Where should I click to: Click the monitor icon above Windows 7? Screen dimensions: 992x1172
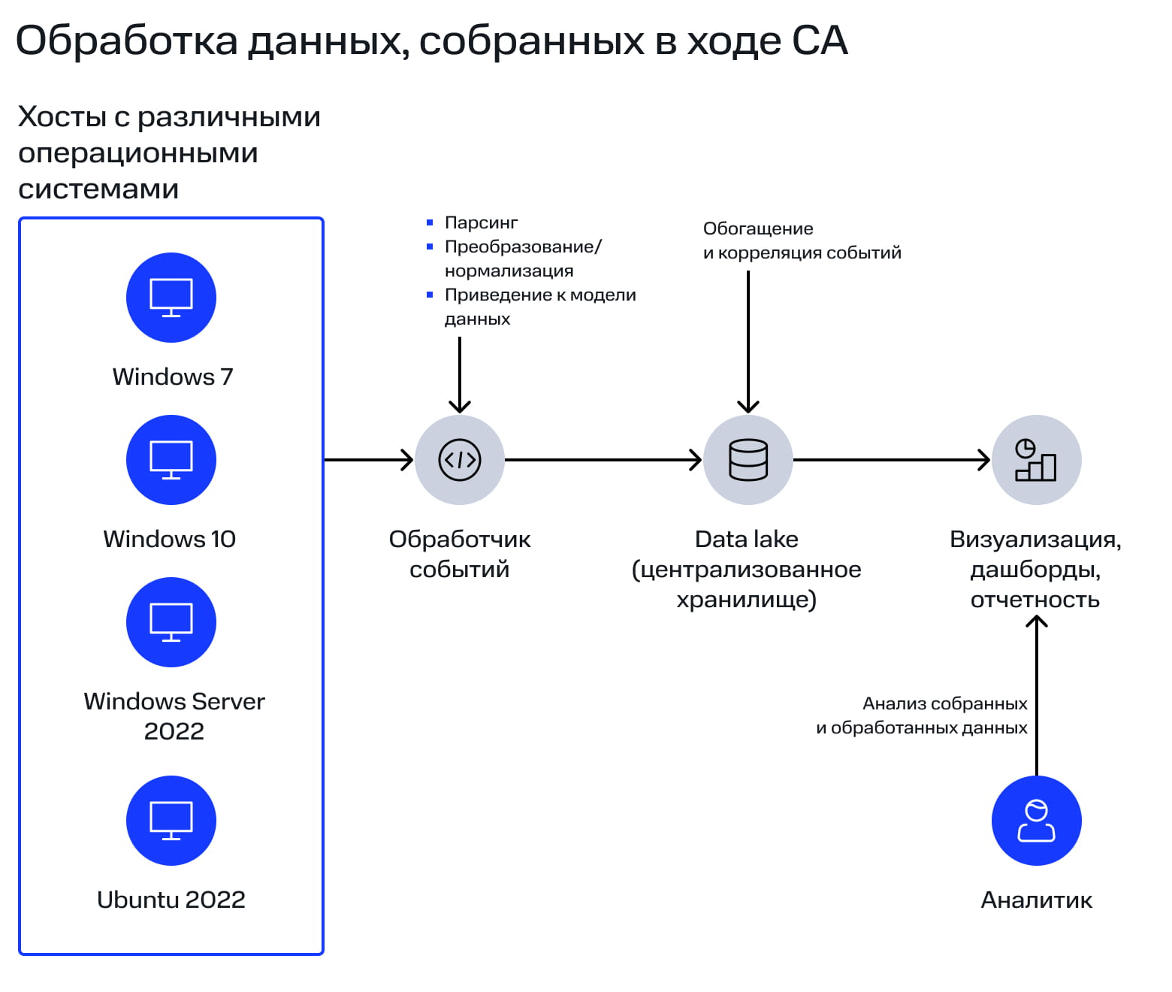pos(171,298)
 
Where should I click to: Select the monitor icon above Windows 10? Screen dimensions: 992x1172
pos(171,460)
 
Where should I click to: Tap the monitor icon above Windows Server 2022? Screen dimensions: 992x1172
pos(171,622)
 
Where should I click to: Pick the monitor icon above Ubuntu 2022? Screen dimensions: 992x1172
pos(171,821)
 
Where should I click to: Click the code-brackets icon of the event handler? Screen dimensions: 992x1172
pos(460,460)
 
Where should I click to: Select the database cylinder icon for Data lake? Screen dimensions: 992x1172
pos(748,460)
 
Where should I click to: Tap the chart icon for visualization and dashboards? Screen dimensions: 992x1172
pos(1036,460)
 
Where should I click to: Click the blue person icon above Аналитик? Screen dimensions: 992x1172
pos(1036,821)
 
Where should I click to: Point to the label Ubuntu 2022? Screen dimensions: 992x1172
pos(171,900)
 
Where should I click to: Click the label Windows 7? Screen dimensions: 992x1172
pos(173,377)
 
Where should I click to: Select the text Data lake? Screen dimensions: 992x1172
pos(746,539)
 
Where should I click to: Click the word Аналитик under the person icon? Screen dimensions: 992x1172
pos(1036,900)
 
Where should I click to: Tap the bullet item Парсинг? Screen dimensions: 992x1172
pos(481,222)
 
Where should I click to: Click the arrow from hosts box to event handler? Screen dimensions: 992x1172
pos(368,460)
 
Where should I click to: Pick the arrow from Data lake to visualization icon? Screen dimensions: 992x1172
pos(891,460)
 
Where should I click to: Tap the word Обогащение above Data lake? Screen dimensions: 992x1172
pos(758,228)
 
